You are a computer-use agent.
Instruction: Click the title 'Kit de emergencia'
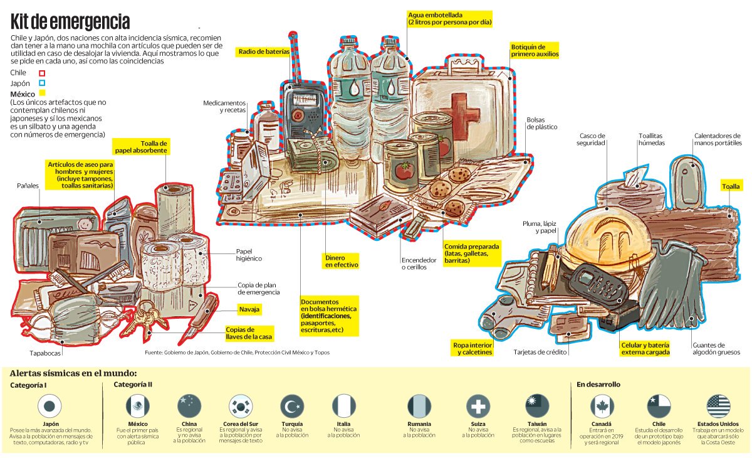tap(70, 22)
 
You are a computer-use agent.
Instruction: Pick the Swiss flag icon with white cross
tap(478, 407)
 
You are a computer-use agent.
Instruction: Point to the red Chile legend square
tap(41, 72)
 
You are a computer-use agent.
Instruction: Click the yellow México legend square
tap(42, 93)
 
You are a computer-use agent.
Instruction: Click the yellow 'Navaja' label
tap(249, 309)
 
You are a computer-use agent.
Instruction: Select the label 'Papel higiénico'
tap(248, 255)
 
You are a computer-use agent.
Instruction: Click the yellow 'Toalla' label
tap(731, 186)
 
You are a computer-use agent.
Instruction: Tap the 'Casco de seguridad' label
tap(591, 139)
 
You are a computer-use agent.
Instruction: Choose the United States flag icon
tap(718, 407)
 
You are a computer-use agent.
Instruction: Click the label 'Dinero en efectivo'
tap(341, 261)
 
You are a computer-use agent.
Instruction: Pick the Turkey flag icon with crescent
tap(292, 407)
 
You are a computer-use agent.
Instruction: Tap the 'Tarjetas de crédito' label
tap(540, 353)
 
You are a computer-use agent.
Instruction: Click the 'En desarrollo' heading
tap(598, 385)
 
